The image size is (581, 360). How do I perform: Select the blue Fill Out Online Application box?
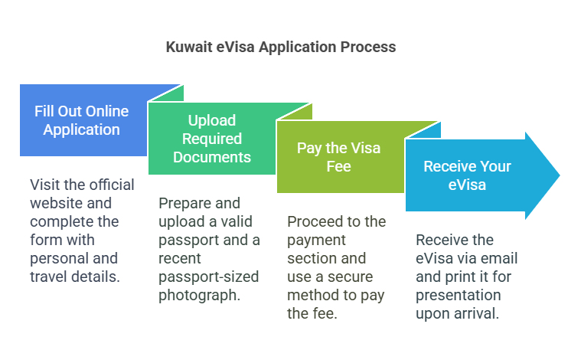coord(83,120)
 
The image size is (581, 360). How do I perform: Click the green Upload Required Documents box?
coord(212,139)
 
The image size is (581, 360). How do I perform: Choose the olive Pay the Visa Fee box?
coord(340,157)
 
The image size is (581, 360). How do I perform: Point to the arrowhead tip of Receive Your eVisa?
coord(560,175)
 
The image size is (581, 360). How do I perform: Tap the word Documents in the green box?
coord(212,157)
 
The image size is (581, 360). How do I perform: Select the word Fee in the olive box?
coord(338,166)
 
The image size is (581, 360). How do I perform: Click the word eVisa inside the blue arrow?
coord(467,185)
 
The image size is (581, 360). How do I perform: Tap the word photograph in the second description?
coord(199,296)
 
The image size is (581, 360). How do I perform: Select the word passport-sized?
coord(209,277)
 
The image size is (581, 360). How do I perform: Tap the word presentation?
coord(459,296)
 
